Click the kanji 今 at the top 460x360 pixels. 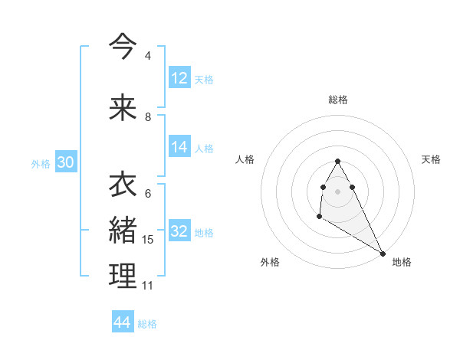pos(123,47)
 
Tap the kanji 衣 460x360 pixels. pos(123,185)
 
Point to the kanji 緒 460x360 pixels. pos(123,230)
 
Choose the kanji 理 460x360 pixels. pos(123,276)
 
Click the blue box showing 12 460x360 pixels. pos(179,78)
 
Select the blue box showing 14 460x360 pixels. pos(179,147)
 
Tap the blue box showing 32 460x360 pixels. pos(179,231)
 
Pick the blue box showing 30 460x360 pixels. pos(65,162)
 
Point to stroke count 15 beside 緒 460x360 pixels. pos(148,240)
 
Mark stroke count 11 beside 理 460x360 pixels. pos(147,286)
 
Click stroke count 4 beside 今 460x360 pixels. pos(147,56)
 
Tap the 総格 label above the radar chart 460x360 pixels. pos(338,100)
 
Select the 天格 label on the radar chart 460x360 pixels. pos(432,159)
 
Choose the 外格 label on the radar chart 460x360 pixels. pos(270,262)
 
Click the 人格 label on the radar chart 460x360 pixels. pos(245,159)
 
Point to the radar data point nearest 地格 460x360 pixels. pos(383,253)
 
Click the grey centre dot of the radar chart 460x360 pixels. pos(338,191)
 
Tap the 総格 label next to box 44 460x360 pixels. pos(147,324)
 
